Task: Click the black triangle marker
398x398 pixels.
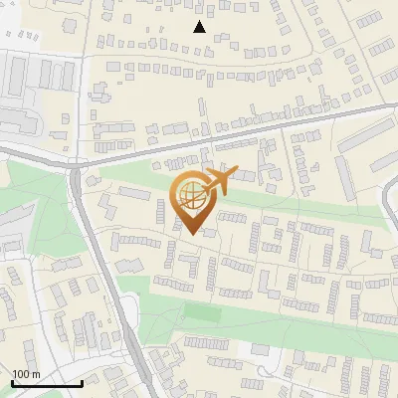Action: (200, 27)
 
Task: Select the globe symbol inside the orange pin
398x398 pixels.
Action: (190, 195)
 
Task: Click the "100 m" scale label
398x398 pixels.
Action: (26, 374)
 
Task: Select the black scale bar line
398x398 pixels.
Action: (47, 383)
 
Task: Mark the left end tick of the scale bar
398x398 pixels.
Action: (12, 381)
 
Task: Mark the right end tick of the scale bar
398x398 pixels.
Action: (82, 381)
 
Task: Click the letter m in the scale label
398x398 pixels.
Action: (36, 374)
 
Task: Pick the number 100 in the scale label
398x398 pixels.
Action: (21, 374)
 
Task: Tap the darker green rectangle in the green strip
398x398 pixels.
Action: (203, 313)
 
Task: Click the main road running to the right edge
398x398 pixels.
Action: (298, 117)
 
